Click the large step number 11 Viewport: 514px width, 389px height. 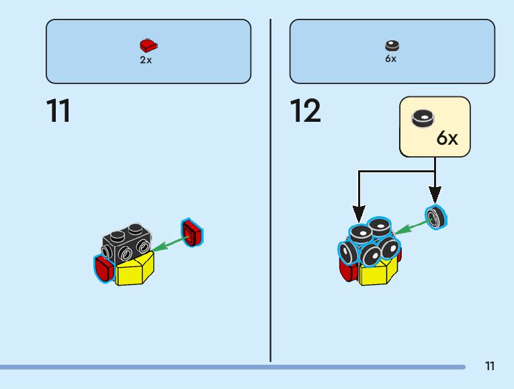pyautogui.click(x=58, y=111)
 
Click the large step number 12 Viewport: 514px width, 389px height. pyautogui.click(x=306, y=111)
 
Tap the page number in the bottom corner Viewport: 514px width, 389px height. pyautogui.click(x=489, y=366)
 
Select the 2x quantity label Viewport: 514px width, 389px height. pyautogui.click(x=146, y=60)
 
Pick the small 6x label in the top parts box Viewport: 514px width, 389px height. pyautogui.click(x=391, y=59)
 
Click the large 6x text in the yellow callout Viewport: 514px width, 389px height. pyautogui.click(x=447, y=139)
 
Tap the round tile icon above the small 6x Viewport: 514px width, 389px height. pyautogui.click(x=392, y=46)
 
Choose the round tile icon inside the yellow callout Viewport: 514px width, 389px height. pyautogui.click(x=423, y=118)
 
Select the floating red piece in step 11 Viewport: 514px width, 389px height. pyautogui.click(x=193, y=233)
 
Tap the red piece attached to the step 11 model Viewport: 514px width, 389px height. pyautogui.click(x=103, y=269)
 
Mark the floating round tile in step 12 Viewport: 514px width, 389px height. pyautogui.click(x=437, y=215)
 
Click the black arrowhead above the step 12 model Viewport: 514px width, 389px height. pyautogui.click(x=359, y=209)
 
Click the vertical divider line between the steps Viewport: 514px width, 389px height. pyautogui.click(x=270, y=188)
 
